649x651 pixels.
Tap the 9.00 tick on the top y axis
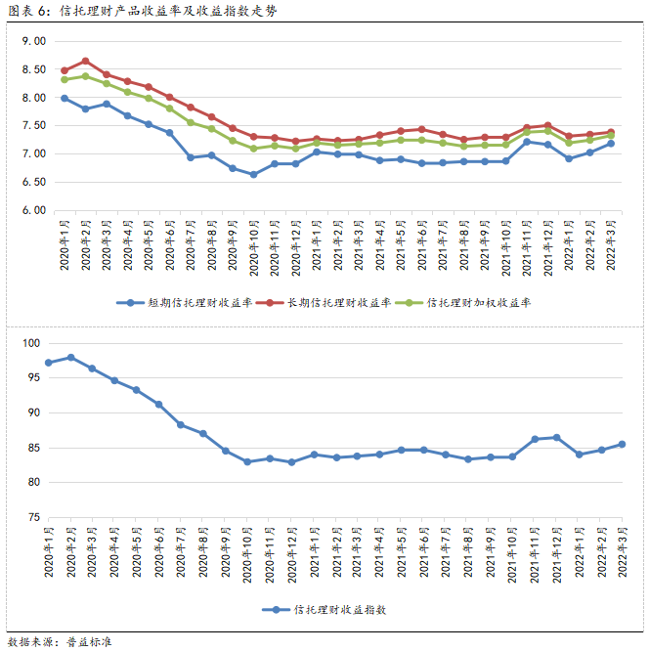click(32, 42)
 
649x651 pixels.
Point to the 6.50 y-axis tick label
click(32, 182)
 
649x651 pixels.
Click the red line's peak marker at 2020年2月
click(86, 61)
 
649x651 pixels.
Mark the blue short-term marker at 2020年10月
click(254, 174)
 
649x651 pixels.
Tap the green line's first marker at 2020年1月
click(65, 79)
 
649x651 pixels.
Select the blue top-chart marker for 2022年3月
click(612, 144)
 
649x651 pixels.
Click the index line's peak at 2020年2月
click(70, 358)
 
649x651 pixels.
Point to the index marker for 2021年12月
click(556, 437)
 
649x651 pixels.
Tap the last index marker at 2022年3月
click(622, 444)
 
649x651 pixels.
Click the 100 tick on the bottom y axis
click(29, 343)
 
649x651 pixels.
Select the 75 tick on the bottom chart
click(32, 517)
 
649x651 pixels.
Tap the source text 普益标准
click(90, 641)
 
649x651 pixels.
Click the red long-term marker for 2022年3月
click(612, 133)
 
